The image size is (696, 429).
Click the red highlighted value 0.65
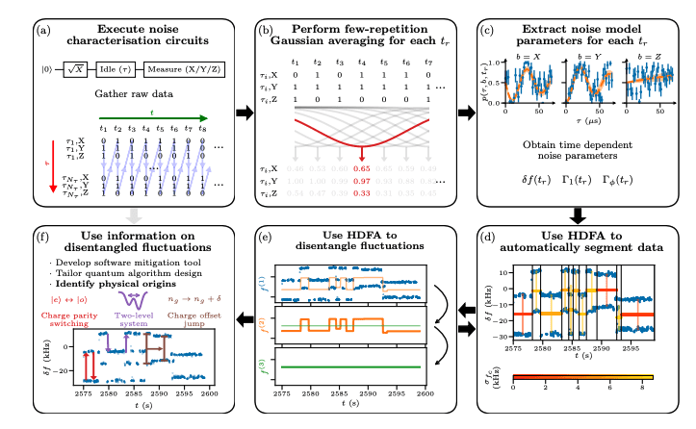tap(361, 168)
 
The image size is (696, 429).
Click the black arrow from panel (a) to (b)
tap(246, 114)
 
